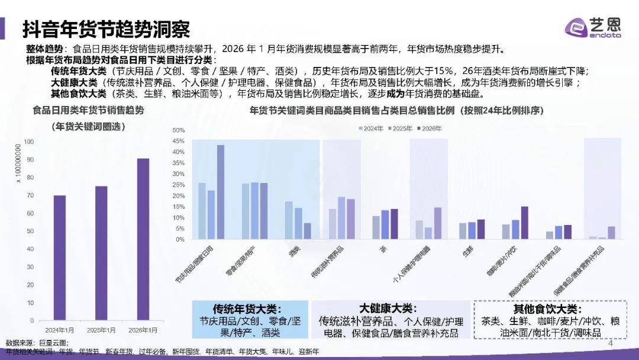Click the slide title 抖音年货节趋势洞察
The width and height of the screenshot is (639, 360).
(x=106, y=28)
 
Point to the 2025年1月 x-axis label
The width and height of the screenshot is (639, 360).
(x=101, y=330)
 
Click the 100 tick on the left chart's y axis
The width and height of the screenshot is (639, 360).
(x=29, y=142)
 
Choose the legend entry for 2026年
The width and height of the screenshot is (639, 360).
(x=430, y=128)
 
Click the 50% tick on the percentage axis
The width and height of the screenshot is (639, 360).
(x=179, y=130)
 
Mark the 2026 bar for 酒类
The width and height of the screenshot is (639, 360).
(x=308, y=232)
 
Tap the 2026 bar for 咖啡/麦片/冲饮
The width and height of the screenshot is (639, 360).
(x=524, y=223)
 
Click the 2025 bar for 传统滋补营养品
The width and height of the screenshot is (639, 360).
(x=341, y=218)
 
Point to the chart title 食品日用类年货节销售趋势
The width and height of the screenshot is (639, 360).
(x=88, y=110)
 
